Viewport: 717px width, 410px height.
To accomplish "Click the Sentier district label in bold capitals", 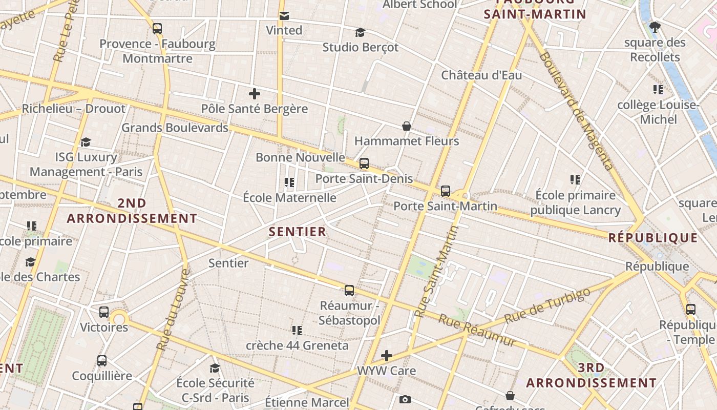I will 298,232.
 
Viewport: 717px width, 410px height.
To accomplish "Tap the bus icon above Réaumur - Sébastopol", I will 349,291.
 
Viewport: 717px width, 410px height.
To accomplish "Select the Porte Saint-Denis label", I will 364,178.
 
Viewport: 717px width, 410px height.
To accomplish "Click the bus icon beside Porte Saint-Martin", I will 446,191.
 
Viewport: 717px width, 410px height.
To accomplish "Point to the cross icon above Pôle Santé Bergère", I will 255,94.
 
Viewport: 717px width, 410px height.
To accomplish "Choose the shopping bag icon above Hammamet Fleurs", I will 407,126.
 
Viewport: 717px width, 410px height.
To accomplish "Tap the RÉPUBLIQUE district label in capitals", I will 653,238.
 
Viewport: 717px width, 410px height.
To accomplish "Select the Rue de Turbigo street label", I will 547,306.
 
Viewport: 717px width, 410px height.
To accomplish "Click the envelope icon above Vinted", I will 284,16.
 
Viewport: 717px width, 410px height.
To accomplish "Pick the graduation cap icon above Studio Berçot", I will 361,33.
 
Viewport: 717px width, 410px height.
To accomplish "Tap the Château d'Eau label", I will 481,75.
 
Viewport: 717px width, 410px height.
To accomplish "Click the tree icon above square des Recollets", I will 655,27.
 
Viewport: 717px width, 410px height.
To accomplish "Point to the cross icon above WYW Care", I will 387,356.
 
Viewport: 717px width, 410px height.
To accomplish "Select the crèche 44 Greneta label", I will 297,345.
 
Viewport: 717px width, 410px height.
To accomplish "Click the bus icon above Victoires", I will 104,312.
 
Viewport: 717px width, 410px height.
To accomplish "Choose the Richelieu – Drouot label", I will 73,109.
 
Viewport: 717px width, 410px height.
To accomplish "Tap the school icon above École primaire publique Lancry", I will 575,180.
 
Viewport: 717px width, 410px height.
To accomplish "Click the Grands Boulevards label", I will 175,128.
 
